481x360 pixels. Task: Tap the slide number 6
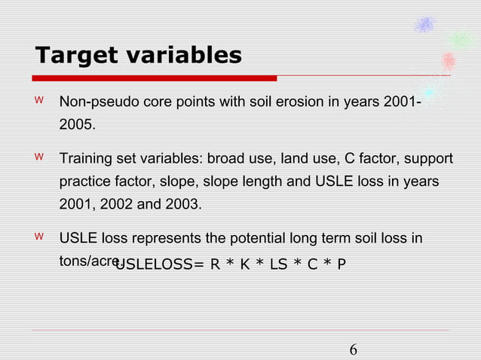[x=353, y=350]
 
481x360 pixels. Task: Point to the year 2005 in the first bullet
[x=77, y=125]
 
